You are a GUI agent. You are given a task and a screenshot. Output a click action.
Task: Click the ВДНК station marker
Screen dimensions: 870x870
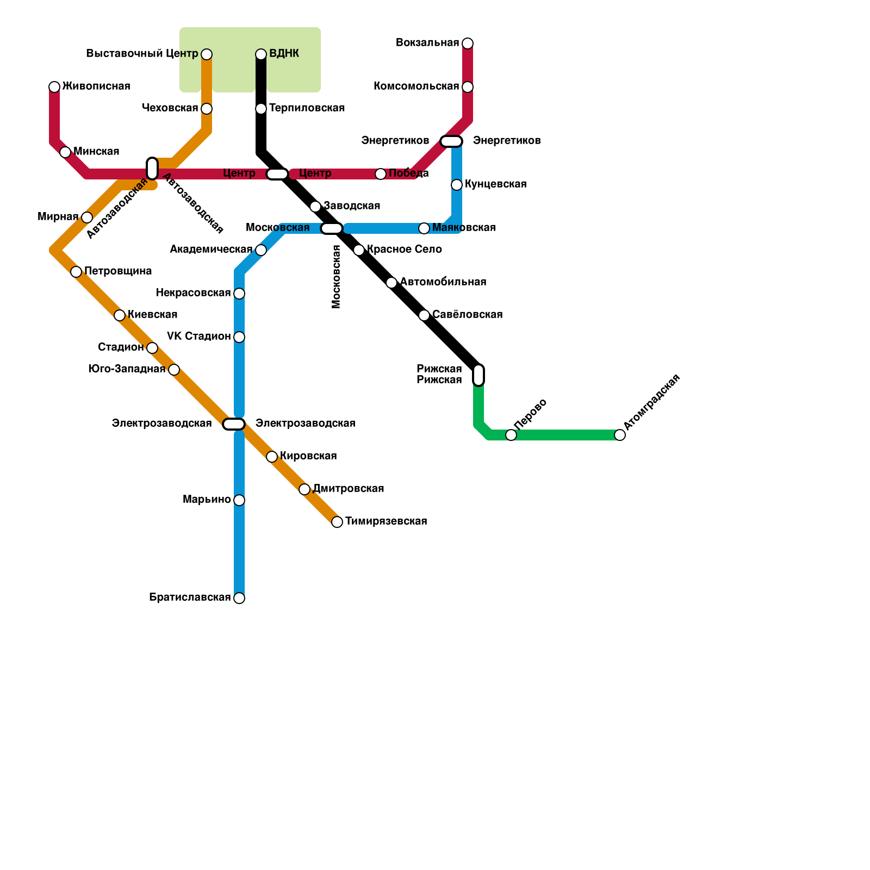click(x=261, y=54)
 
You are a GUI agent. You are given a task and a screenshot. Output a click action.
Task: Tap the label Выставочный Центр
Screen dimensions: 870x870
click(x=142, y=54)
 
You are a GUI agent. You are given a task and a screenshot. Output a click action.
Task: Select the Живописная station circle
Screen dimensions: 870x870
click(x=54, y=87)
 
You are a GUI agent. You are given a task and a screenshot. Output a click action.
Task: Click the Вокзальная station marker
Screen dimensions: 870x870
click(x=468, y=43)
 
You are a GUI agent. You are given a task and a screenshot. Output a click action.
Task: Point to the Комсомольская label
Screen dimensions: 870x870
click(x=416, y=86)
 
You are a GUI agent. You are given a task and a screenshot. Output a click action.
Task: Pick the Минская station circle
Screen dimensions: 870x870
click(x=65, y=152)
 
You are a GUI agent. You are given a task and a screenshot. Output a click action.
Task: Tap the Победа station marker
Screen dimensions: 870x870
click(x=381, y=174)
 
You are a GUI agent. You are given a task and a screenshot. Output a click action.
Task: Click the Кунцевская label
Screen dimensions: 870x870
click(x=495, y=184)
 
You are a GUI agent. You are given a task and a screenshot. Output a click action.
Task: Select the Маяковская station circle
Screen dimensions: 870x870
click(x=424, y=228)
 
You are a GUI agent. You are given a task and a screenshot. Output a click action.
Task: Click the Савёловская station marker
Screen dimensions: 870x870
click(x=424, y=315)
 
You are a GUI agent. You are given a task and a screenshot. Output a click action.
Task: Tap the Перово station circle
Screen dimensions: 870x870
click(x=511, y=435)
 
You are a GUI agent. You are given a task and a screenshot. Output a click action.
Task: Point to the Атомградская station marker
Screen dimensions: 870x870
click(x=620, y=435)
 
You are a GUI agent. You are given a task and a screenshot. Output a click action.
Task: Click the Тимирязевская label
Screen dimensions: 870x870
click(x=386, y=521)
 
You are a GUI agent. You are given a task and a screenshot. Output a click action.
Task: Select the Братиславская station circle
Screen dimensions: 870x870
click(x=239, y=598)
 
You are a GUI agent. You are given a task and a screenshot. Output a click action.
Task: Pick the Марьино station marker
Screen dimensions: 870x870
click(x=239, y=500)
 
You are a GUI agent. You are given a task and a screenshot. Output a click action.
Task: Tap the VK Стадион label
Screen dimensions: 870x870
click(x=198, y=337)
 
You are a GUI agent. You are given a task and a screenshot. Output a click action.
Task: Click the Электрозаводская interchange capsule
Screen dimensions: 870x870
click(x=234, y=424)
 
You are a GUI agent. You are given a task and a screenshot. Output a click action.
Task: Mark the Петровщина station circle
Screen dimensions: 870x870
click(x=76, y=272)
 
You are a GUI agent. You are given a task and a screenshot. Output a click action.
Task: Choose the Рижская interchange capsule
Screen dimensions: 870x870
click(x=478, y=375)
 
